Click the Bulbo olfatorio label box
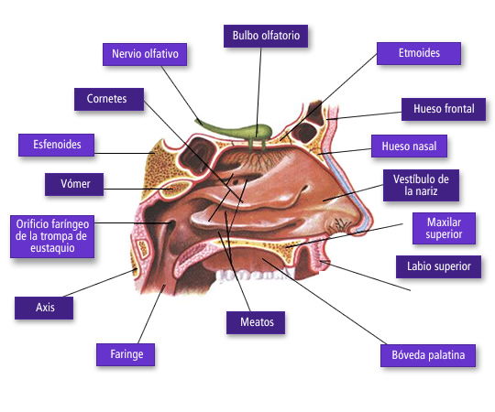click(266, 36)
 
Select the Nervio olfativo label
click(145, 54)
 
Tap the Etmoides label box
click(419, 53)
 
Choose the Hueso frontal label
click(444, 109)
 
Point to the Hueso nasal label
click(409, 146)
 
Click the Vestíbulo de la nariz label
click(421, 185)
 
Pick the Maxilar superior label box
click(444, 228)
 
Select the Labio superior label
click(438, 266)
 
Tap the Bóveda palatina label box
click(428, 355)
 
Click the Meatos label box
click(256, 322)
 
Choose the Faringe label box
click(126, 354)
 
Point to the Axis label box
click(44, 308)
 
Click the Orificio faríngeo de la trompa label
click(52, 236)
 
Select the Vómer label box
click(74, 184)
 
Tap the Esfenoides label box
click(56, 145)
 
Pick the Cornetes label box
click(109, 99)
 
